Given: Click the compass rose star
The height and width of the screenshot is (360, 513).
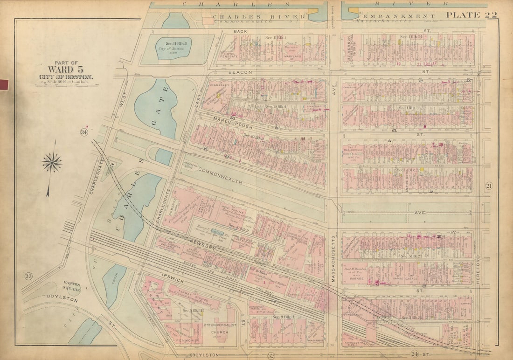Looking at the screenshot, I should pyautogui.click(x=52, y=163).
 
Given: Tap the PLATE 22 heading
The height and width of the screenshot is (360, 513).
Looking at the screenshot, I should pyautogui.click(x=471, y=15).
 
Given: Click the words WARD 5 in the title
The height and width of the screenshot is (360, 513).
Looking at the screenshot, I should pyautogui.click(x=65, y=70).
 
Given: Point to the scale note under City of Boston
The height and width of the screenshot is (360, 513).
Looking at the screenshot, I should pyautogui.click(x=65, y=82).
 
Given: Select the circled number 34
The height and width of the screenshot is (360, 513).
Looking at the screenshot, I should pyautogui.click(x=83, y=132).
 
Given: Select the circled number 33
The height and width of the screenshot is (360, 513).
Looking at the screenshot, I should pyautogui.click(x=28, y=277).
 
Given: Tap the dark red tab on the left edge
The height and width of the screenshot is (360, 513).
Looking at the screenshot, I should pyautogui.click(x=4, y=84).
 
